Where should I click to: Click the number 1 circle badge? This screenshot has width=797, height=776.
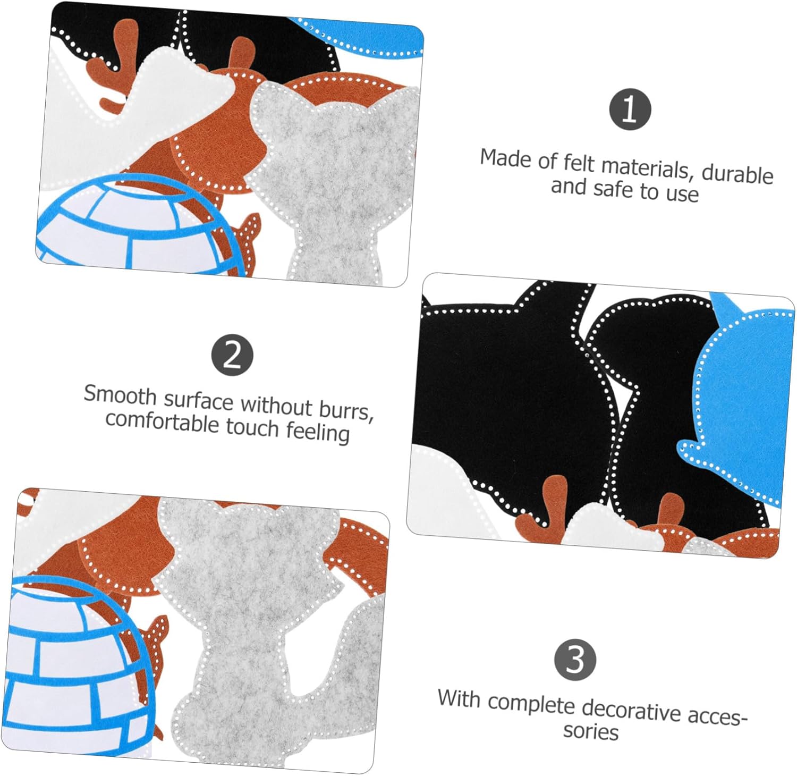click(x=630, y=109)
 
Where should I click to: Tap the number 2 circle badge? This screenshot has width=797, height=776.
click(x=232, y=355)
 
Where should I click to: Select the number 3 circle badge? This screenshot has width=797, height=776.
click(x=575, y=660)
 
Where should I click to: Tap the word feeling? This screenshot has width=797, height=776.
click(x=318, y=431)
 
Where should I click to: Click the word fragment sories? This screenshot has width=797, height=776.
click(x=591, y=731)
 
